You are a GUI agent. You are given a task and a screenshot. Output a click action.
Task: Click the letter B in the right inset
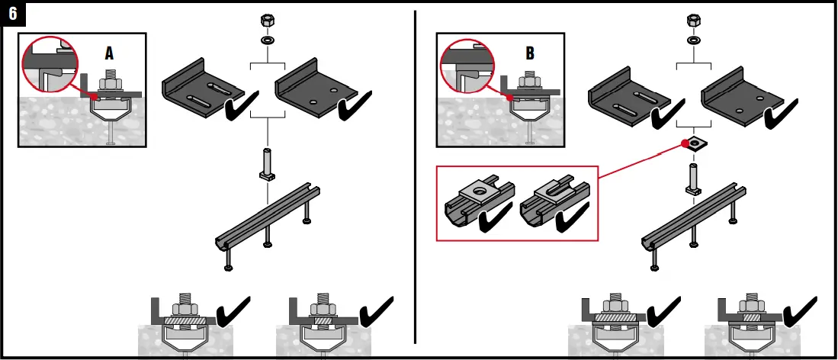click(x=530, y=53)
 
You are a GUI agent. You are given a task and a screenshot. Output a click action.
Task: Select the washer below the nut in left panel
click(x=268, y=39)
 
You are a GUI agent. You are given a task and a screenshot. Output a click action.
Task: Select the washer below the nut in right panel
click(x=693, y=39)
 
